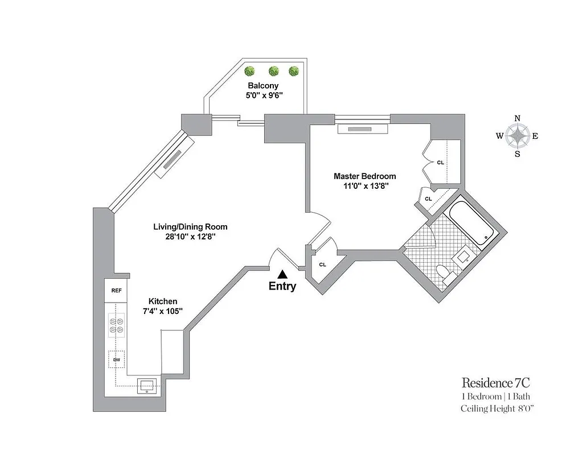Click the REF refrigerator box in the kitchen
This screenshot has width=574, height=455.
pyautogui.click(x=116, y=290)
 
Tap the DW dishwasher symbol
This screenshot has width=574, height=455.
pyautogui.click(x=116, y=359)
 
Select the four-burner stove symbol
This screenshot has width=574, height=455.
pyautogui.click(x=116, y=325)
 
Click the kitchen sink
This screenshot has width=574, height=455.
pyautogui.click(x=147, y=387)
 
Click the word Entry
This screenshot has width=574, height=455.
pyautogui.click(x=282, y=287)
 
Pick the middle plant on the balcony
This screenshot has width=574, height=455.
pyautogui.click(x=273, y=71)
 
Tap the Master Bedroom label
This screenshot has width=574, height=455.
pyautogui.click(x=364, y=176)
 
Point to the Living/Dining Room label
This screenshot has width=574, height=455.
pyautogui.click(x=186, y=226)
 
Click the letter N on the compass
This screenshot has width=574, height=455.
pyautogui.click(x=517, y=118)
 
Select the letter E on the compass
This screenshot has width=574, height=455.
pyautogui.click(x=535, y=136)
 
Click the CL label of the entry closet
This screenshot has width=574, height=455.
pyautogui.click(x=322, y=264)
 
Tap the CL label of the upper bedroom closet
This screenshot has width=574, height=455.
pyautogui.click(x=440, y=163)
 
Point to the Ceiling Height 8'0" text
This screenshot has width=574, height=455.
pyautogui.click(x=497, y=408)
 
